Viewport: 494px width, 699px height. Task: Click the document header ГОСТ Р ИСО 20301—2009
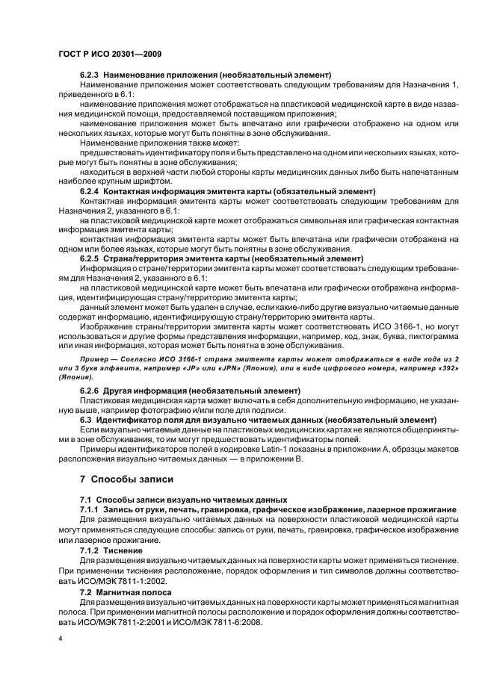point(111,55)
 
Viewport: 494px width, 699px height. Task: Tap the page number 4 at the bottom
point(61,640)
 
